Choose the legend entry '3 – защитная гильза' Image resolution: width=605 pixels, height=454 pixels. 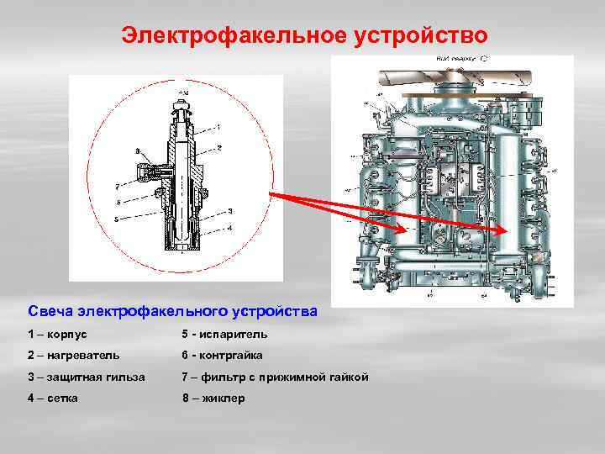point(87,377)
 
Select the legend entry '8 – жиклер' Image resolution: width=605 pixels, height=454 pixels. point(213,398)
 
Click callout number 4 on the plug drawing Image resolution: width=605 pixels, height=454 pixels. point(230,227)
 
